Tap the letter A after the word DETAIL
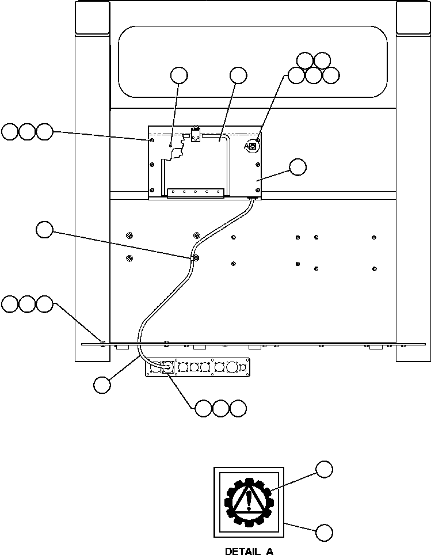click(269, 551)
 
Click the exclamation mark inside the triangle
click(249, 499)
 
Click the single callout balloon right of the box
click(297, 167)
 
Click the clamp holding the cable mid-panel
click(196, 257)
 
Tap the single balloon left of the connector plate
click(102, 385)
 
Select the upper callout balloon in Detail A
click(325, 469)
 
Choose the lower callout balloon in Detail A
click(325, 533)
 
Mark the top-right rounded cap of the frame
click(413, 17)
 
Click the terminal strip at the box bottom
click(195, 192)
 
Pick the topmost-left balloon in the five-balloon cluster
click(305, 60)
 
